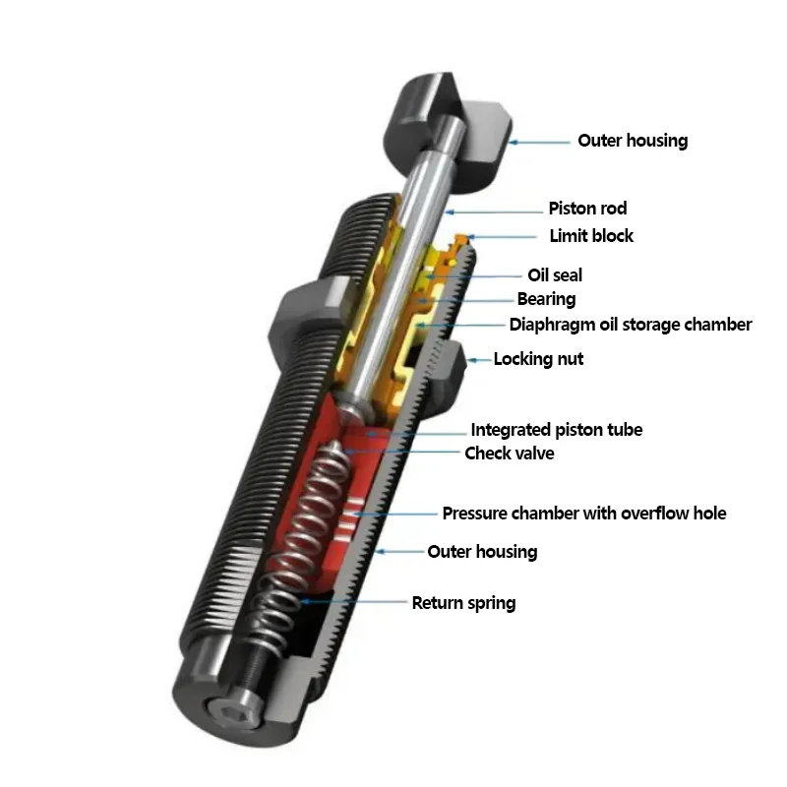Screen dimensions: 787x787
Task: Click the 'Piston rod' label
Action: click(587, 209)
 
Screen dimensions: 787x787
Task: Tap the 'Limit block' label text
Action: click(591, 236)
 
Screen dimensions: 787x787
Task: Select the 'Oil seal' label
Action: click(555, 276)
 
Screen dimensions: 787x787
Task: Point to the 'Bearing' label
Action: click(546, 299)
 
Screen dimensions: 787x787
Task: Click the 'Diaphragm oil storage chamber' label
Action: click(631, 325)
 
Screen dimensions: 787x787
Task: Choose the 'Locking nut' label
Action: click(538, 359)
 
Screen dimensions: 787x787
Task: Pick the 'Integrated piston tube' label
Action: click(556, 430)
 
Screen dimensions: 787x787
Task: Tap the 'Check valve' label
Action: click(509, 454)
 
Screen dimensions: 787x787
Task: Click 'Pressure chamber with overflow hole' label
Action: click(583, 514)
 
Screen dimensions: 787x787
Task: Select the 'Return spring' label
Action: click(463, 603)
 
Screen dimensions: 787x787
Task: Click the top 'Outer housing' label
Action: click(633, 141)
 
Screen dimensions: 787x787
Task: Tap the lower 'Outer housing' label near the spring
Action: click(482, 552)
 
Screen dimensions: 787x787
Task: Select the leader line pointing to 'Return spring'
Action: click(354, 601)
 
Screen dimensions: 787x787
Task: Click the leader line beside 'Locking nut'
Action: click(479, 360)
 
